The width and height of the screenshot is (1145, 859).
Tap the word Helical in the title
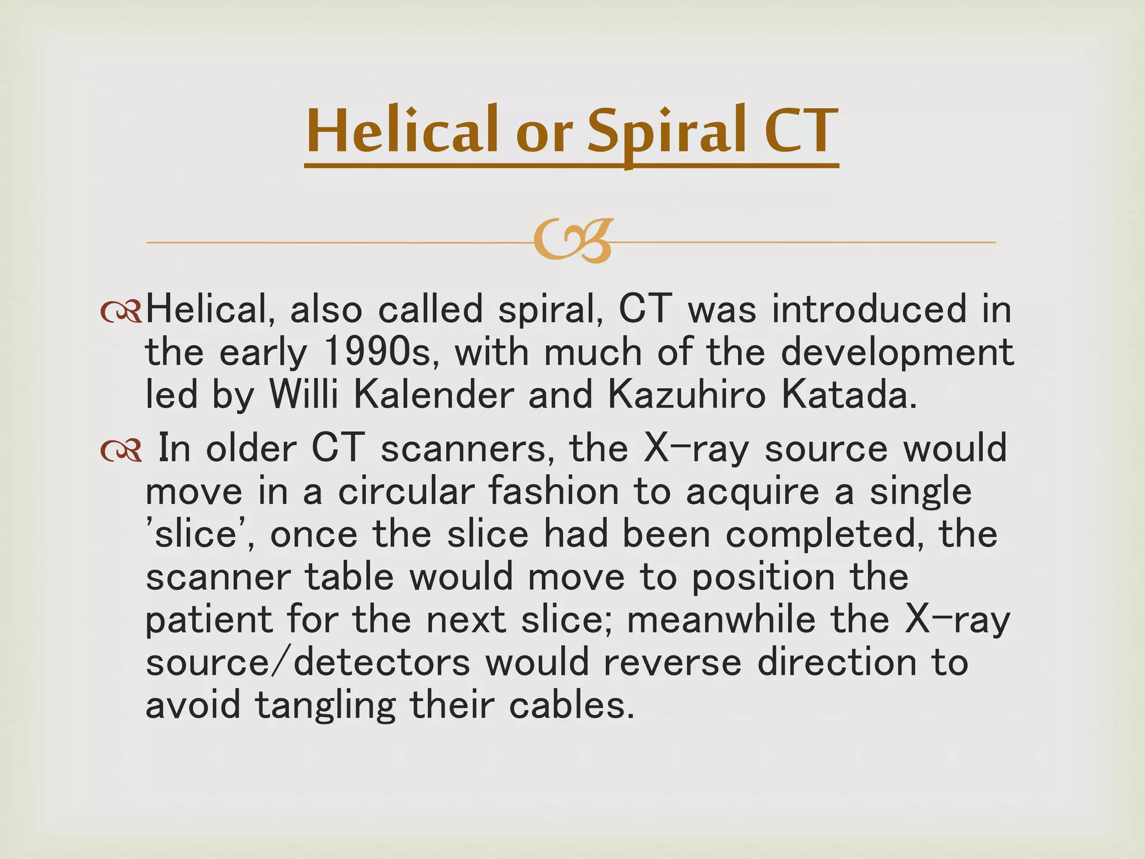401,131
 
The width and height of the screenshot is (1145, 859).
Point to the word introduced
869,309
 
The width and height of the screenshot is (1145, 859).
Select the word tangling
325,706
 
